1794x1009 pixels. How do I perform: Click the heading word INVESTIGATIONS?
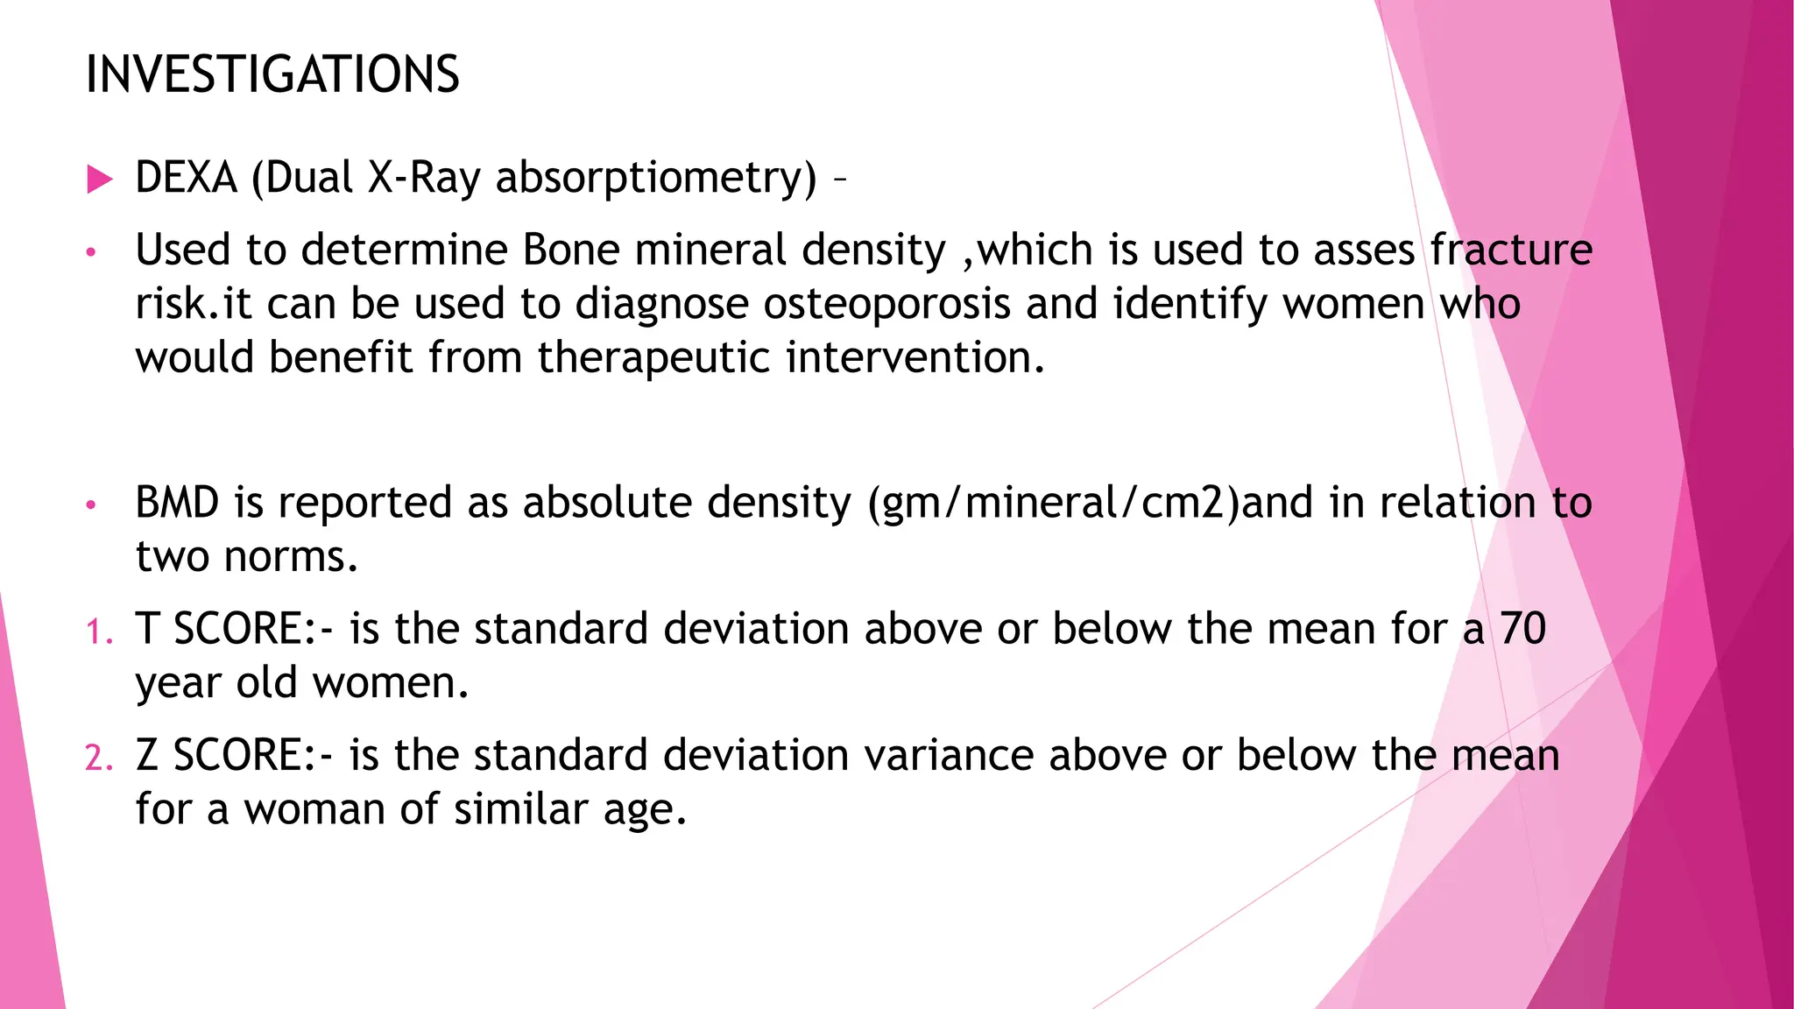[272, 74]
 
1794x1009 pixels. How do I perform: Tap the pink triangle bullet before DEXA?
[100, 180]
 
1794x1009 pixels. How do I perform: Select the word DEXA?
[187, 178]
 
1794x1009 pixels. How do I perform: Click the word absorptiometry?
[656, 180]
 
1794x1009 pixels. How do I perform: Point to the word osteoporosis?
[886, 305]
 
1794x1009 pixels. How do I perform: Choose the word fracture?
[1511, 250]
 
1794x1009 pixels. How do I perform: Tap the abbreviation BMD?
[177, 504]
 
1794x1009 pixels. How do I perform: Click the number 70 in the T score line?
[1522, 629]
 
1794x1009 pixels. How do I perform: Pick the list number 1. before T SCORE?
[99, 632]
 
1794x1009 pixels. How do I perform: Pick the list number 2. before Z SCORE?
[99, 758]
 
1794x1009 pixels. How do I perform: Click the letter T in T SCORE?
[147, 630]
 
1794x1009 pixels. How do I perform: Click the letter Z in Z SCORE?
[147, 756]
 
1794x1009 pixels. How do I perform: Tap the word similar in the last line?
[520, 809]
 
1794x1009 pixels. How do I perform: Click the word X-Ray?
[424, 179]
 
